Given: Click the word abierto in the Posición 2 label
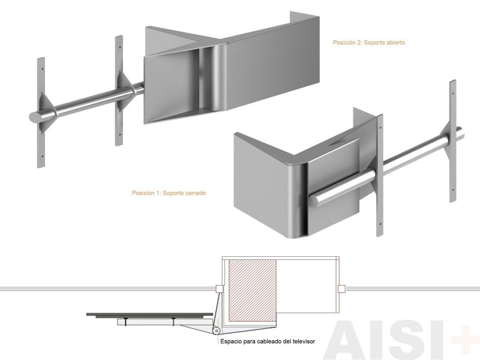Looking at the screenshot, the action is click(395, 43).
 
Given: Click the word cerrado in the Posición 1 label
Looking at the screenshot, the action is click(196, 193).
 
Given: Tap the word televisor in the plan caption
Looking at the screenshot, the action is click(304, 341).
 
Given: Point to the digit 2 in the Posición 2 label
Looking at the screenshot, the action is click(359, 43).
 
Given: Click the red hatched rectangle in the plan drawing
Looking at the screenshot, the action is click(253, 290).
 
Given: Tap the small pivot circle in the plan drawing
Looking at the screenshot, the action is click(217, 331).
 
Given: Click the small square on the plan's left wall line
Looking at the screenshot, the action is click(219, 289).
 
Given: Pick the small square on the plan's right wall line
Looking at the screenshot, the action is click(341, 289).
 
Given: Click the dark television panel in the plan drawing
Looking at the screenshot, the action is click(149, 314).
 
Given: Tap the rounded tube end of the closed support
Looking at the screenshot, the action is click(314, 200).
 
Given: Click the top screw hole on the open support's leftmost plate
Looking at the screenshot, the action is click(42, 69).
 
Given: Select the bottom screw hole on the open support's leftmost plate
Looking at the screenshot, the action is click(42, 156).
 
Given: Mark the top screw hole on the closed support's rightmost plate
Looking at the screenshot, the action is click(453, 94).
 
